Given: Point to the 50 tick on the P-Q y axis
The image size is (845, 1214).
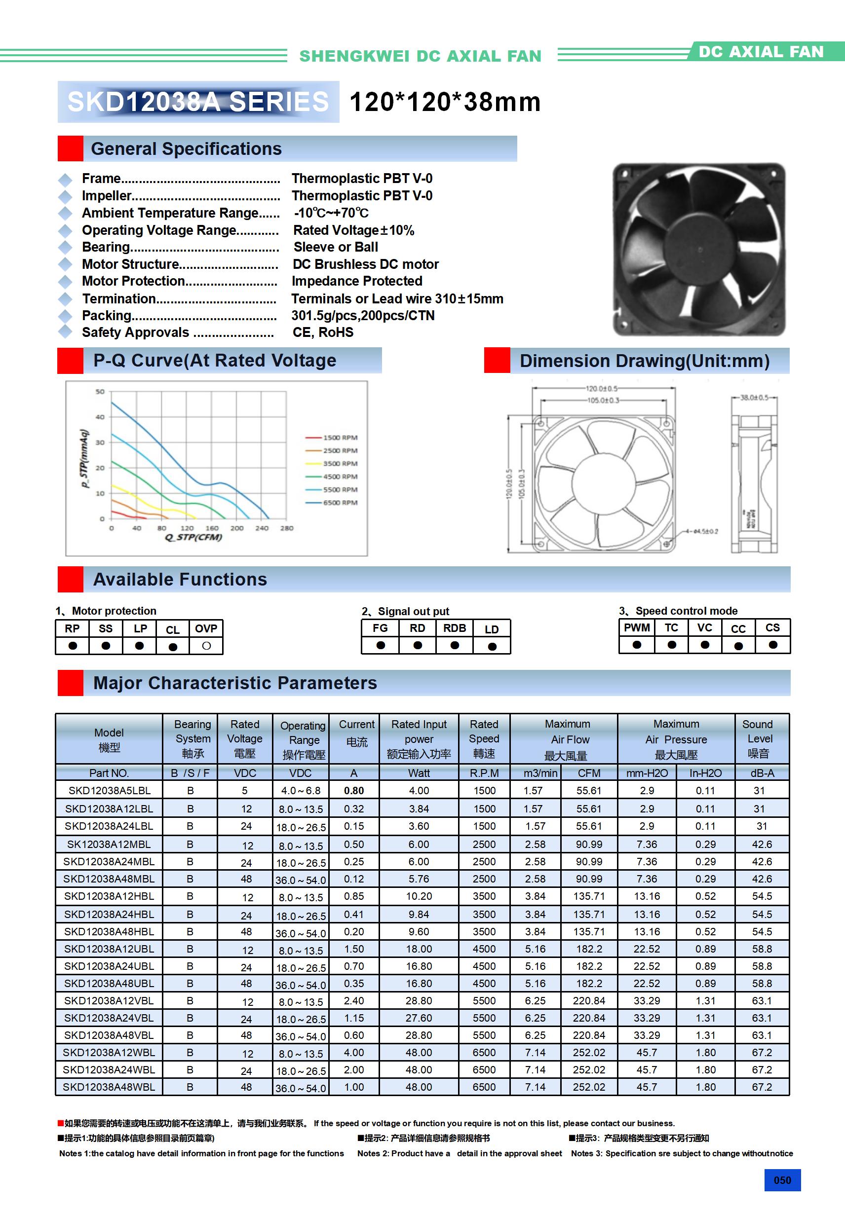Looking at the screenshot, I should point(100,392).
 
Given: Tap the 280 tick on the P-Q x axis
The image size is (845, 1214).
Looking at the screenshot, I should point(287,528).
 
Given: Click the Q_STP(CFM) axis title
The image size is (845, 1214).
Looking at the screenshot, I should point(193,537).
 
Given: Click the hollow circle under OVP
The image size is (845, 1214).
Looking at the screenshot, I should point(206,646).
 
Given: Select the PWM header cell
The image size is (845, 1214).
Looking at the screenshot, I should point(637,627).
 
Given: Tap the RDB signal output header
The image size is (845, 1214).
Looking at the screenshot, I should point(455,628).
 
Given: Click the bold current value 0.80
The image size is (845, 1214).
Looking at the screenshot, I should point(353,790).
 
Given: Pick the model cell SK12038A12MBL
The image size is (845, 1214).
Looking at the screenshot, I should point(109,845).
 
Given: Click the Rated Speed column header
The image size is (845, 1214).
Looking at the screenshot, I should point(484,738).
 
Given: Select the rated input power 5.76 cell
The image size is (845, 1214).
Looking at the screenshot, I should point(419,879).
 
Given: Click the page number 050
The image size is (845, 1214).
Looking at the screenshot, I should point(782,1180).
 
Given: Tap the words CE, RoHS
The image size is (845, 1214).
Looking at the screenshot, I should point(323,332).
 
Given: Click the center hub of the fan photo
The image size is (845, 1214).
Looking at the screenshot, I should point(700,250).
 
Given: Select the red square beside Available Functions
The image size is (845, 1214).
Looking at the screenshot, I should point(71,580).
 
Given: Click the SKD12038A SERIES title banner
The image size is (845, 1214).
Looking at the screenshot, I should point(198,102).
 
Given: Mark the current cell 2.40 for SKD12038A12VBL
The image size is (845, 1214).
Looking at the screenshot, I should point(353,1000).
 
